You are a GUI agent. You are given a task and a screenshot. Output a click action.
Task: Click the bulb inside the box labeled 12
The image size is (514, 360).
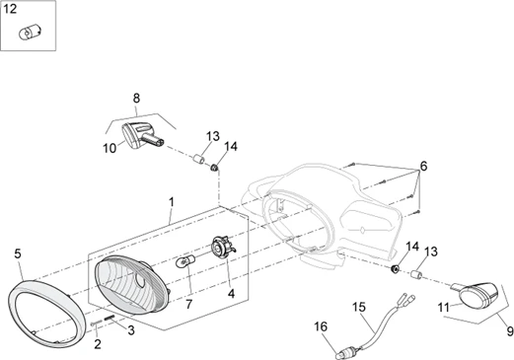[30, 34]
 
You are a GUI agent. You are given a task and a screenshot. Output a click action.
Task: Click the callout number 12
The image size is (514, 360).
[10, 9]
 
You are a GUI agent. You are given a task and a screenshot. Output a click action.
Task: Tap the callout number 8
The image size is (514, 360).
[136, 98]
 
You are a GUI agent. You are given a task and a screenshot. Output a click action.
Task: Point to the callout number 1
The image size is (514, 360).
[172, 202]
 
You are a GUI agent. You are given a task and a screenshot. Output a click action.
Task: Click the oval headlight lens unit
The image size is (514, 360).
[131, 284]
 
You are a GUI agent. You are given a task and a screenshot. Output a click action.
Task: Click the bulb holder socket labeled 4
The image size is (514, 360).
[223, 248]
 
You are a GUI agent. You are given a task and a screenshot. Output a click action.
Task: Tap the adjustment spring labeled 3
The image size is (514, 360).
[110, 319]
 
